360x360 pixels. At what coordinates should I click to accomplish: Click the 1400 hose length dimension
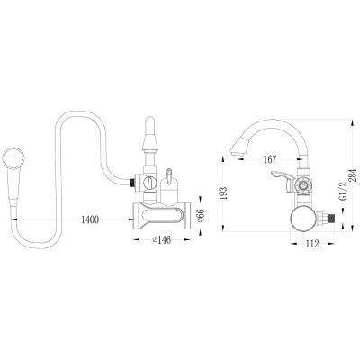(x=90, y=220)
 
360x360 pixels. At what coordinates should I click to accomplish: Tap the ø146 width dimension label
(x=162, y=240)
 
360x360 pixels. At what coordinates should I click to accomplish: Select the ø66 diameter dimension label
(x=201, y=216)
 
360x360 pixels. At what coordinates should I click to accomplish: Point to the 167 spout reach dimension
(x=270, y=159)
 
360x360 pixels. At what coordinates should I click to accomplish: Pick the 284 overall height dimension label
(x=354, y=175)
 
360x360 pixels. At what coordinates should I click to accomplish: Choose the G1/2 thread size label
(x=343, y=192)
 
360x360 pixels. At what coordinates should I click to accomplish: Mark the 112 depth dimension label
(x=312, y=245)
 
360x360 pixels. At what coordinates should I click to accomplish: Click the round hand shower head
(x=13, y=158)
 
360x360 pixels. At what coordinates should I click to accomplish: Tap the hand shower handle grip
(x=13, y=187)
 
